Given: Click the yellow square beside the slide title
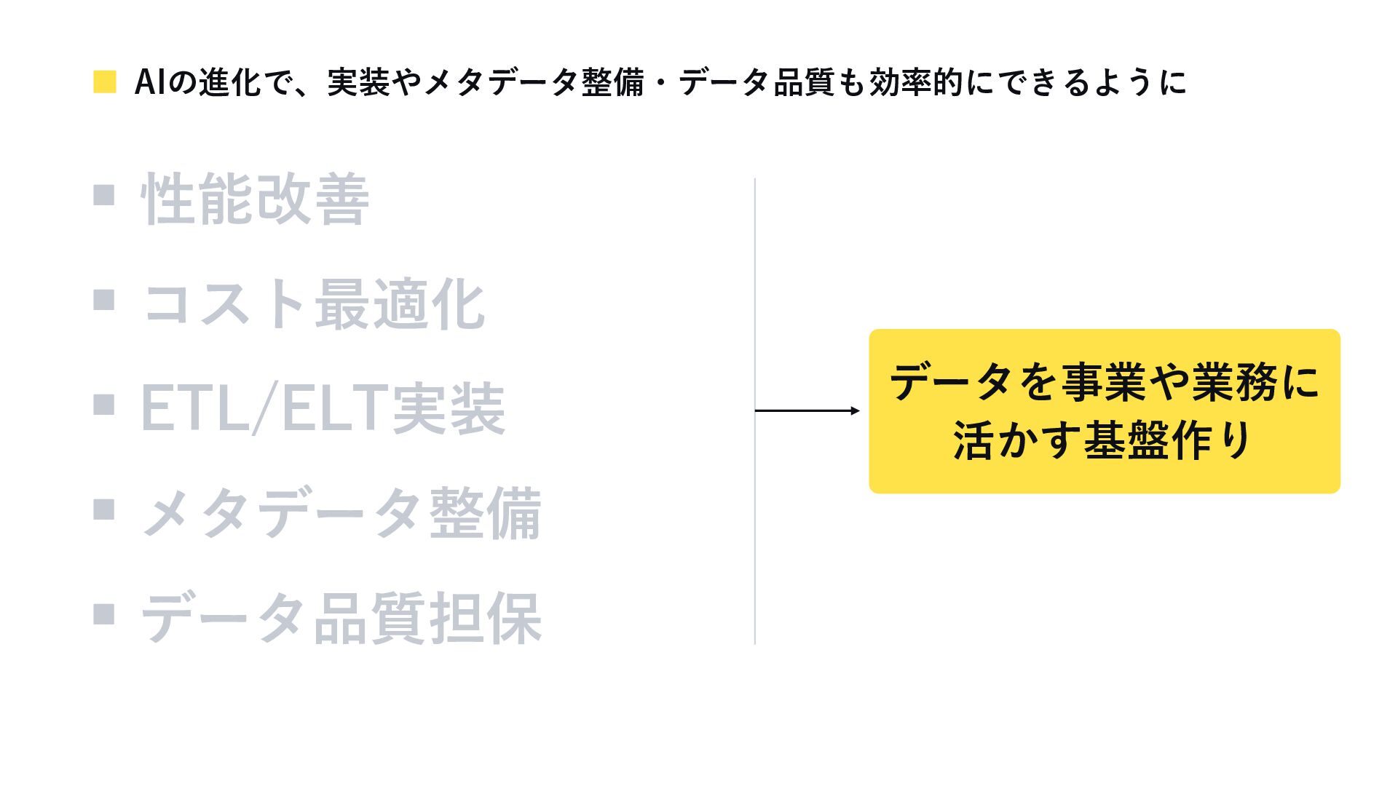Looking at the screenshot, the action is [x=105, y=82].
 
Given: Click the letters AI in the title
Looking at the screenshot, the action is [x=151, y=82].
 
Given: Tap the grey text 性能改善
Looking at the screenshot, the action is [x=255, y=199].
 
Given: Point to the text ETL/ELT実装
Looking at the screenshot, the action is [x=323, y=408].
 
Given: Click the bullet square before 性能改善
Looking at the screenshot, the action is [x=104, y=194].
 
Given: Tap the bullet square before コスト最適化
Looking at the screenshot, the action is [x=104, y=299].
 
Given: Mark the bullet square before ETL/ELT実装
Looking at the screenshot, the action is [x=104, y=404].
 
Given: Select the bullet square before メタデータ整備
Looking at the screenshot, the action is [x=104, y=509].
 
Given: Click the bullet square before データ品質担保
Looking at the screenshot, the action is [x=104, y=614].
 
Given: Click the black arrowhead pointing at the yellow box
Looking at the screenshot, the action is [x=856, y=411].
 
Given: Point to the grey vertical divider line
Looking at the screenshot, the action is [x=755, y=411].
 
